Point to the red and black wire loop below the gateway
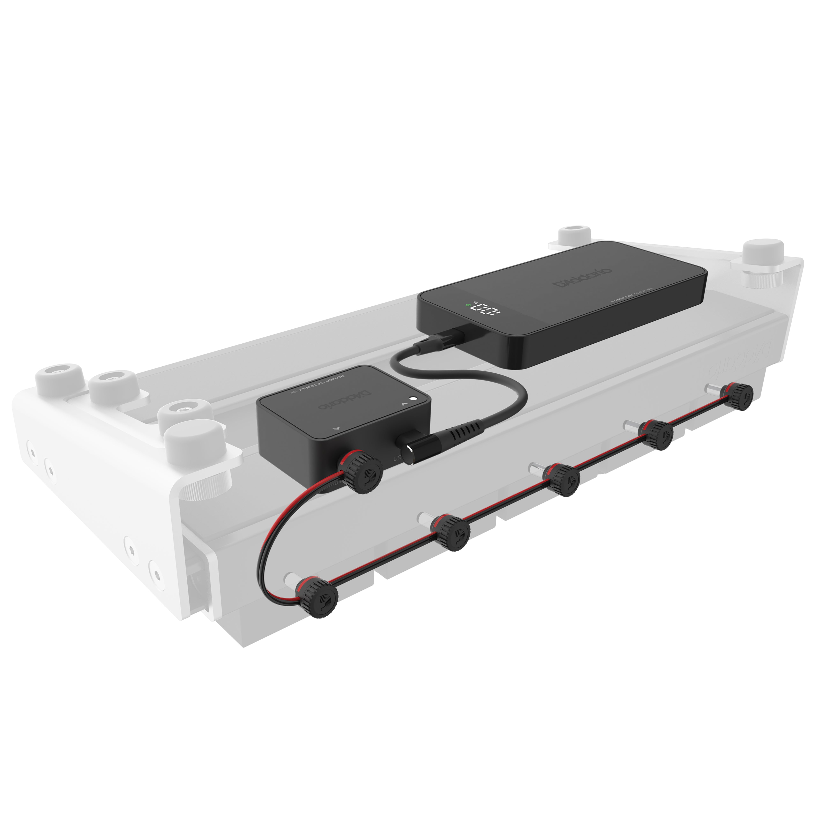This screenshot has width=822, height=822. (x=272, y=536)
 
